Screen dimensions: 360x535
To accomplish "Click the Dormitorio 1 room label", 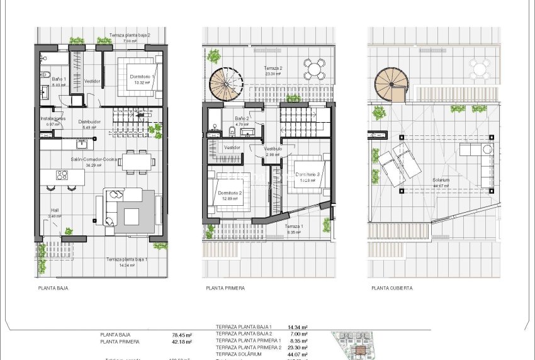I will tap(142, 76).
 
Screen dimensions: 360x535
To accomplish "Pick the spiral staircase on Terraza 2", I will tap(225, 83).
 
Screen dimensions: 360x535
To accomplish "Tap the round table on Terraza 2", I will tap(313, 67).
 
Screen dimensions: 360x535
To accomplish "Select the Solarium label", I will tap(441, 180).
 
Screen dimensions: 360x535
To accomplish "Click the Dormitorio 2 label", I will tap(230, 193).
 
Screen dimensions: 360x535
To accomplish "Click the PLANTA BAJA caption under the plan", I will tap(53, 288).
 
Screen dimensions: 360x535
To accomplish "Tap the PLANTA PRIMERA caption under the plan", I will tap(225, 288).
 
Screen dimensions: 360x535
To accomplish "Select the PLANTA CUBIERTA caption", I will tap(392, 288).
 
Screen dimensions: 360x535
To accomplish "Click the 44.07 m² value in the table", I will tap(297, 354).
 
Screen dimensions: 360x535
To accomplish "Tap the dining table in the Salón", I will tap(137, 161).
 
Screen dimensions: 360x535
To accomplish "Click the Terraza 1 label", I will tap(294, 227).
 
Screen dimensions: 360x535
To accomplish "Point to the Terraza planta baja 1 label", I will tap(127, 259).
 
